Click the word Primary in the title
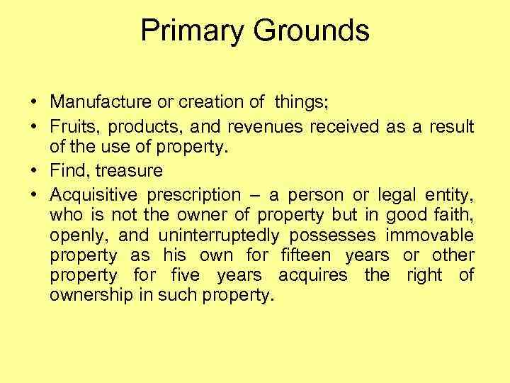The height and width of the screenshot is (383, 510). point(191,30)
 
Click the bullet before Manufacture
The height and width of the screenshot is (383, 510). point(34,103)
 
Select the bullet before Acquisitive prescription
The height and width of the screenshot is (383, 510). point(34,194)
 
